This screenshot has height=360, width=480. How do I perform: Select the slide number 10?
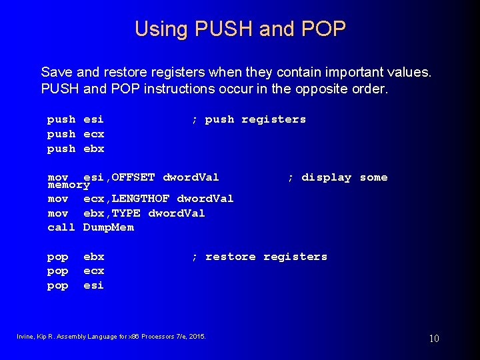pos(434,339)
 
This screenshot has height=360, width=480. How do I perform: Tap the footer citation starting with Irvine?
pos(111,336)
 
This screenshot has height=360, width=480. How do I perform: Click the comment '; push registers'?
pos(249,119)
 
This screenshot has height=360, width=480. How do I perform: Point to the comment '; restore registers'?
pos(259,257)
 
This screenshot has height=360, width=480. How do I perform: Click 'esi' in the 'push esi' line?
pos(93,119)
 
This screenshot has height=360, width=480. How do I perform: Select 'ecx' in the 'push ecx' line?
pos(93,134)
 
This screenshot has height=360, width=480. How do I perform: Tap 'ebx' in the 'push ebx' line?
pos(93,149)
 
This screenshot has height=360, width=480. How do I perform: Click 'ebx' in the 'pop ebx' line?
pos(93,257)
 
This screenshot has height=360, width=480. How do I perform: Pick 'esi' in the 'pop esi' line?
pos(93,285)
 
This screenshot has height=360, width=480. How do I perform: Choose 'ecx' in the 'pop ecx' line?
pos(93,271)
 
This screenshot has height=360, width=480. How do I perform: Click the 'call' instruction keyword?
pos(61,227)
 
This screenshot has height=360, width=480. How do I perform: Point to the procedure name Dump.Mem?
pos(109,227)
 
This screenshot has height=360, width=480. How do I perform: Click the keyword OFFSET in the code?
pos(133,177)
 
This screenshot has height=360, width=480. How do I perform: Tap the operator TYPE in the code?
pos(126,213)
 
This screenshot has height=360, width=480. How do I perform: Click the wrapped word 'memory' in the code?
pos(69,185)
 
